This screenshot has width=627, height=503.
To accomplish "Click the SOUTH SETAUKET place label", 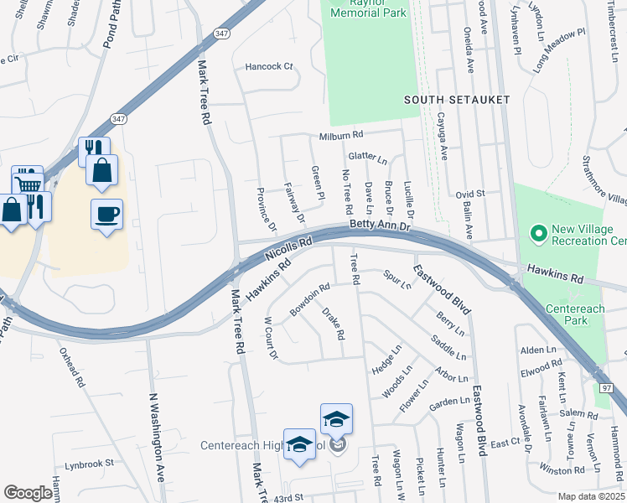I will point(456,100).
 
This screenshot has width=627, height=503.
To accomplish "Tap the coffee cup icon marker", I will point(106,215).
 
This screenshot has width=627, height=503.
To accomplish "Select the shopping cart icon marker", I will point(27,183).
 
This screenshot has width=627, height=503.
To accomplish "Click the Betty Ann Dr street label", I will point(381,226).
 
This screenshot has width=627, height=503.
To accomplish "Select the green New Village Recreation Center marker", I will point(537,231).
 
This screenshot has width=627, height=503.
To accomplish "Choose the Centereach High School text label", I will point(262,444).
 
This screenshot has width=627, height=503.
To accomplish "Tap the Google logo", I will point(28,493).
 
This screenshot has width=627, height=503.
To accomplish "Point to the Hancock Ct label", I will point(269,66).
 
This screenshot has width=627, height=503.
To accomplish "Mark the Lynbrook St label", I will point(86,463).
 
